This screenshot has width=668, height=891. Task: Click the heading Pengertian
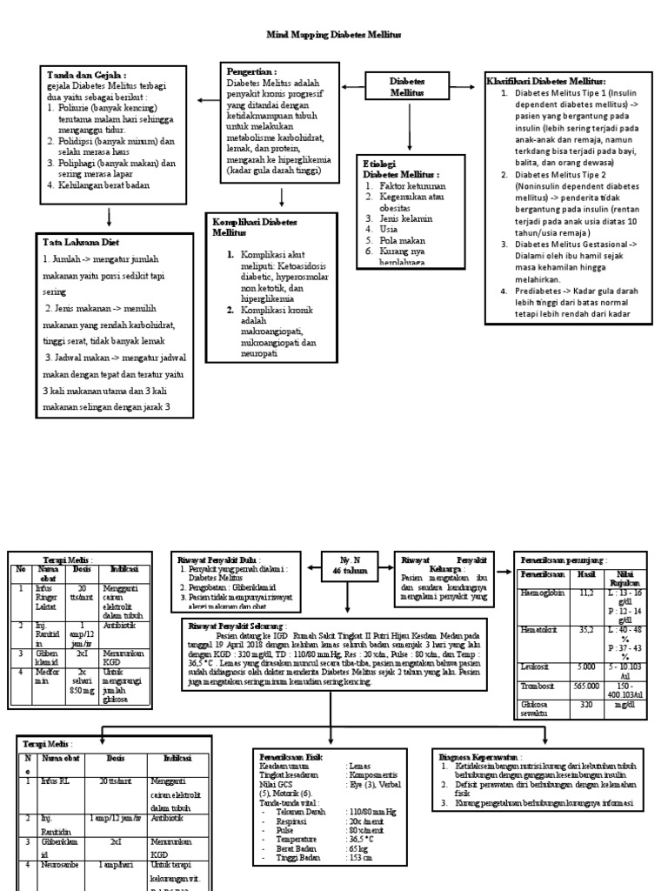pos(252,71)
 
